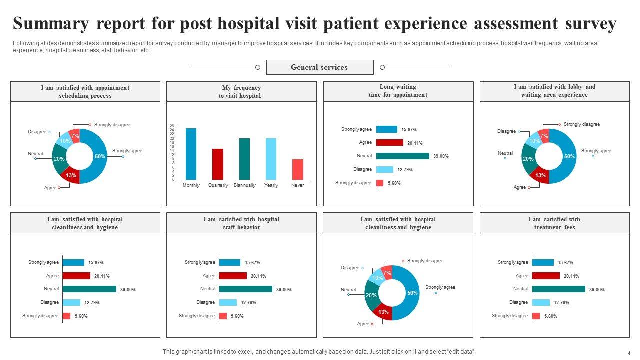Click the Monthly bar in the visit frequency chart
(191, 154)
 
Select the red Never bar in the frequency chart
(298, 169)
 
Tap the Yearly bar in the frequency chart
(271, 159)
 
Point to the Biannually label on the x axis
(245, 185)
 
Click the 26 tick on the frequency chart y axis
(172, 126)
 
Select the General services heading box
(320, 67)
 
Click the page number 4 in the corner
(629, 353)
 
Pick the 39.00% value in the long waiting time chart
(441, 156)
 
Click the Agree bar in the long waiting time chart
(389, 143)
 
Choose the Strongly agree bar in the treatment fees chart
(543, 262)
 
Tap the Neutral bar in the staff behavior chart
(245, 289)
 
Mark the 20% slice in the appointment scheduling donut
(59, 159)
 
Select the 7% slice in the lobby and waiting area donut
(544, 136)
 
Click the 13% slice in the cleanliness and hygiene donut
(384, 312)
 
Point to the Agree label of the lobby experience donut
(520, 187)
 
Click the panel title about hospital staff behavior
(241, 223)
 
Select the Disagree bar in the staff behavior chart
(228, 302)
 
